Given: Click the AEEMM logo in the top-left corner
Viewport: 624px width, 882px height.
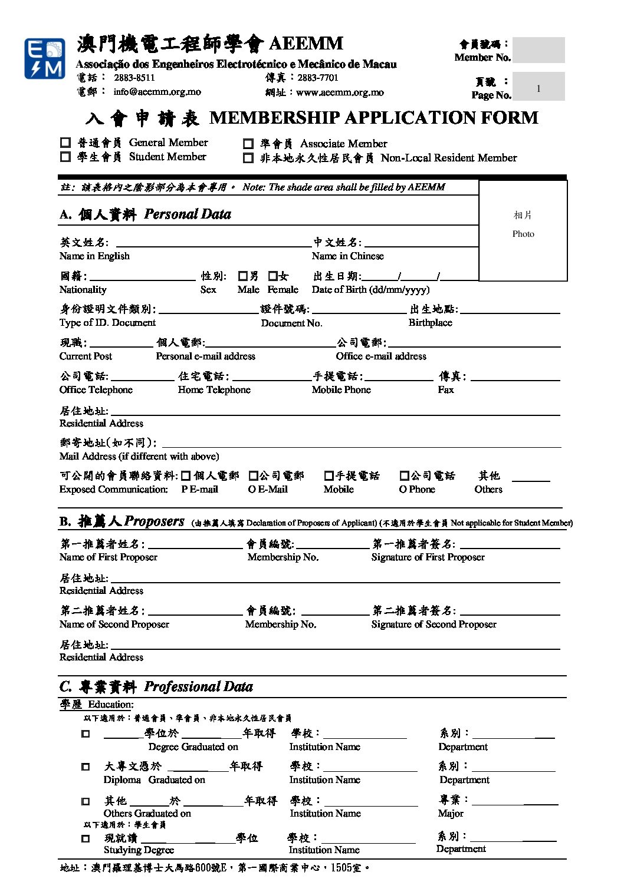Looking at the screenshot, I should pos(44,58).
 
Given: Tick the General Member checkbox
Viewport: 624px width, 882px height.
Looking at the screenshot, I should pos(65,143).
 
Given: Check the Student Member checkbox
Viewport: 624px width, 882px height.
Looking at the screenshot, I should pos(65,157).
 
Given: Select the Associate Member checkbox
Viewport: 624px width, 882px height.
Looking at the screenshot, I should pos(248,144).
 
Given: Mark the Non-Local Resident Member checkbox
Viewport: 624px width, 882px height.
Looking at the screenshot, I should pos(248,158).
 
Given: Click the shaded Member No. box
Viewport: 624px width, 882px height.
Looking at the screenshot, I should pos(538,50).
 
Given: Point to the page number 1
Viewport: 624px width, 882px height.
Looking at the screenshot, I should pos(538,88).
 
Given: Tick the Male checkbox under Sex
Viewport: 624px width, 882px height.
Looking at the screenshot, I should pos(243,276).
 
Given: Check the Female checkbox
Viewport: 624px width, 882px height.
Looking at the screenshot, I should pos(272,276).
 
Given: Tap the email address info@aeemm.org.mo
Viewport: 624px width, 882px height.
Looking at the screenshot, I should pos(157,92).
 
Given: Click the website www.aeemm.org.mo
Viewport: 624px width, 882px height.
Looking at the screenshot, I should pos(340,93).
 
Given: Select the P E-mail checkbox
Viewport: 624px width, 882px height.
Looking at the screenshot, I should pos(186,475).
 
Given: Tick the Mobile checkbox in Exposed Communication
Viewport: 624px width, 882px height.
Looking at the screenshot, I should pos(329,475).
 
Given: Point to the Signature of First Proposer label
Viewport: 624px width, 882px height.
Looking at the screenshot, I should pos(428,557).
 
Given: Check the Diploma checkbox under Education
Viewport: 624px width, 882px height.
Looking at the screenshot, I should pos(86,767).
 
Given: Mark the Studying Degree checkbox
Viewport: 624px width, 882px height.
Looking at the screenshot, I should pos(86,838).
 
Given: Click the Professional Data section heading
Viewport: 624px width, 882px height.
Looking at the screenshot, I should pos(156,687).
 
